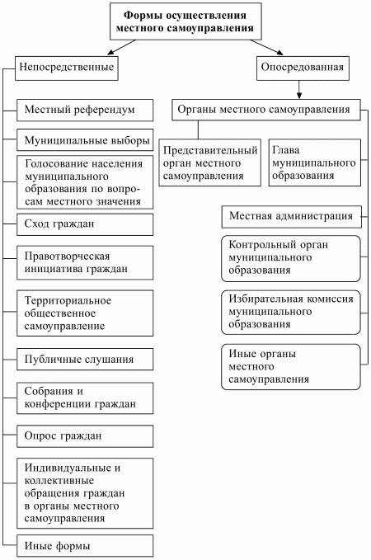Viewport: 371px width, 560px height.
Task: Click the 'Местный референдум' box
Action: (x=86, y=109)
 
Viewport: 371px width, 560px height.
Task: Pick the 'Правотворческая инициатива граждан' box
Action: (x=86, y=261)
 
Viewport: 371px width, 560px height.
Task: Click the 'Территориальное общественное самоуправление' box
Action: (x=86, y=313)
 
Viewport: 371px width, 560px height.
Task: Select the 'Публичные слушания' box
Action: (x=86, y=360)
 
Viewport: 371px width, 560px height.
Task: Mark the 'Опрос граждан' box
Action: (x=86, y=435)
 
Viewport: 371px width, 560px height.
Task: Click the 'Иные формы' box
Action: (x=86, y=546)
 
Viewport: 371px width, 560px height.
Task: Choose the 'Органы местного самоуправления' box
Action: (x=266, y=109)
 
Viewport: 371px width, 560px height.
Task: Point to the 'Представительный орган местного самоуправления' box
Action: (x=210, y=162)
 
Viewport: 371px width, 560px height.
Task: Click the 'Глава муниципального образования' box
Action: (x=314, y=162)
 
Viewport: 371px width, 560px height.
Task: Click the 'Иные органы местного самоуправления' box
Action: (x=291, y=366)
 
